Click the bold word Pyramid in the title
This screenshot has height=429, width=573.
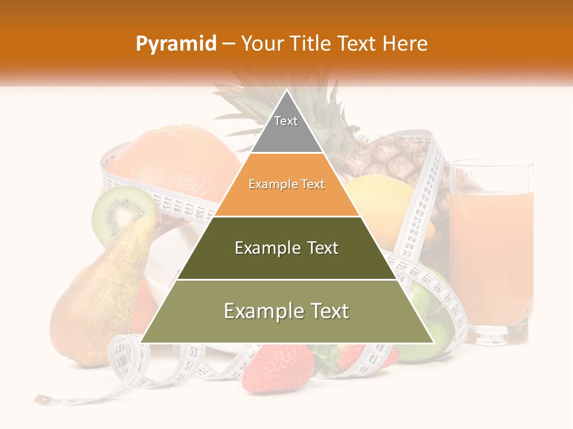[175, 43]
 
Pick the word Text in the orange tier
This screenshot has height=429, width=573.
[313, 185]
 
